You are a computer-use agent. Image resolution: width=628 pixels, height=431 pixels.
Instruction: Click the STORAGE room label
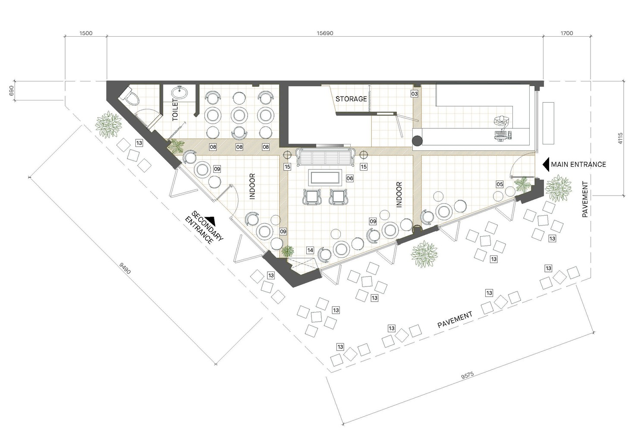coord(351,99)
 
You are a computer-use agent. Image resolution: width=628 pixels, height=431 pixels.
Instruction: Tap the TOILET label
coord(175,110)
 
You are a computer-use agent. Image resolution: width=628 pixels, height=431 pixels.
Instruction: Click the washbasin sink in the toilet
coord(179,93)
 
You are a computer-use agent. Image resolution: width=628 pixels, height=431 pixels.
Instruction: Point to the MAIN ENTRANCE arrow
coord(546,165)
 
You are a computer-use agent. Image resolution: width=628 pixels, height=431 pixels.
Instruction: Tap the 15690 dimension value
coord(325,33)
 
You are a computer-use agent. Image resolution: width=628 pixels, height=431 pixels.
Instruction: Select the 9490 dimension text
coord(125,269)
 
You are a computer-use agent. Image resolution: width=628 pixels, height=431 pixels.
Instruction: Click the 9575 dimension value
coord(468,375)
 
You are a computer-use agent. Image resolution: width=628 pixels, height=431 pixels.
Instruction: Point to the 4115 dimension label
coord(620,138)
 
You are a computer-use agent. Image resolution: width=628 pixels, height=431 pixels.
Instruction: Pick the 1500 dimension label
coord(86,33)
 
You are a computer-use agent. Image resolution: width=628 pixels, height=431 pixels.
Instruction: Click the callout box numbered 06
coord(350,178)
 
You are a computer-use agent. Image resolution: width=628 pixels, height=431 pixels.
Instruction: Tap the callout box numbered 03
coord(414,94)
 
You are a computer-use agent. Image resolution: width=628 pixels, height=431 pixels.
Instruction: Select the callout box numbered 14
coord(310,250)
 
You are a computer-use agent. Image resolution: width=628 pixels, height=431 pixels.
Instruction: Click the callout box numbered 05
coord(499,184)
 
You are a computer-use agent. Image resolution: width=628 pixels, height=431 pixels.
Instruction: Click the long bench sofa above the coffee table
coord(326,157)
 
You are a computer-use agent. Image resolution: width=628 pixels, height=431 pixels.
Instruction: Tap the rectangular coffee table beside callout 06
coord(325,178)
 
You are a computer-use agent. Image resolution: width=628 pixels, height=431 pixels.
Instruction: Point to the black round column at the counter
coord(417,141)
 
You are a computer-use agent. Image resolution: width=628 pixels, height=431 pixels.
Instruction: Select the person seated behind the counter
coord(502,121)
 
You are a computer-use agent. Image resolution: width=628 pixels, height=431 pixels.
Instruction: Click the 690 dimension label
coord(12,90)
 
